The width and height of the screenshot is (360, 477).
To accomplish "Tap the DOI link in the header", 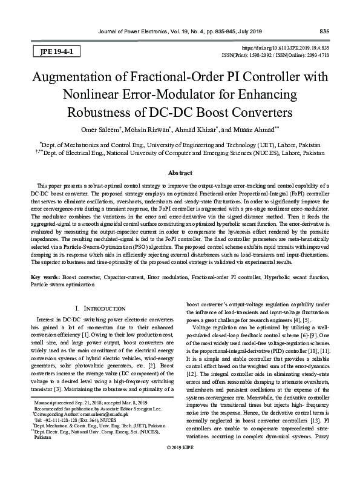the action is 286,47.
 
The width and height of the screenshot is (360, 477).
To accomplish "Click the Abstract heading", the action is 180,173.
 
